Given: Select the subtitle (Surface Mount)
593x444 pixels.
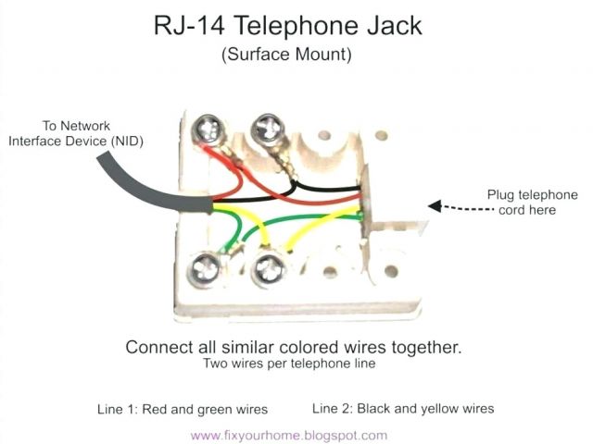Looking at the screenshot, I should [285, 55].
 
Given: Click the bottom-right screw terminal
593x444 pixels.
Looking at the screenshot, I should [269, 270].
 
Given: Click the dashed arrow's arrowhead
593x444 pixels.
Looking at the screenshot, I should [429, 207].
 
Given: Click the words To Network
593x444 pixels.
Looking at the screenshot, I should [77, 125].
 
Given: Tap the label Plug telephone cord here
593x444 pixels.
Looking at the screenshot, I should [532, 202].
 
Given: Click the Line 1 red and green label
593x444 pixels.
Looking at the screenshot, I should [183, 408].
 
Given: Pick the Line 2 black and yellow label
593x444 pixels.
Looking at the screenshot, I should [403, 408].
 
